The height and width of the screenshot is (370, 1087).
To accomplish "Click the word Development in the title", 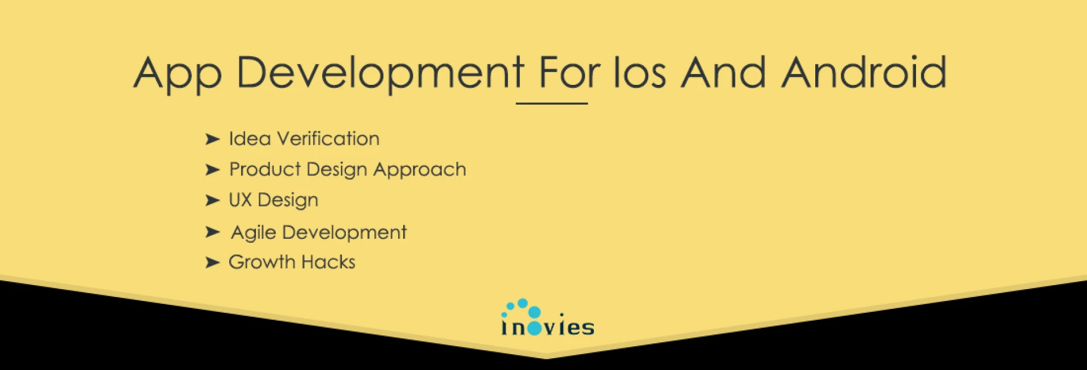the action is pos(380,74).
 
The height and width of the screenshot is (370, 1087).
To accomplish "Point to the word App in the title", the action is pos(178,74).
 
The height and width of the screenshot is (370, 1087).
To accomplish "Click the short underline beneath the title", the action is pos(551,104).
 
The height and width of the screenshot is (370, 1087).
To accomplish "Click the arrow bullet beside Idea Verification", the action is pos(212,139).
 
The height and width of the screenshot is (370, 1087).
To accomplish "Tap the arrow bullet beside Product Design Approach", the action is pos(212,169).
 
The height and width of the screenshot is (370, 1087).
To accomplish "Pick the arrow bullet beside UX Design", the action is pos(212,200).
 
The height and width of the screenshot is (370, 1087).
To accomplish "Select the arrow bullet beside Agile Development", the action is pos(212,231).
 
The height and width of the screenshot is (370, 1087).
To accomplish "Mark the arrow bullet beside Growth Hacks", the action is pos(212,263).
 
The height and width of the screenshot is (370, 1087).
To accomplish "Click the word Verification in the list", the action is pos(328,139).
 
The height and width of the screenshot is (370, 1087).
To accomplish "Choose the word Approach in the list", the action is pos(420,170).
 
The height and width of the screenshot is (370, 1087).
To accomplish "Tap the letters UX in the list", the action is pos(240,200).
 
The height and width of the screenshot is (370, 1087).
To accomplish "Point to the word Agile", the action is pos(254,233).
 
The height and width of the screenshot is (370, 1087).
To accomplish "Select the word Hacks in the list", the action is pos(328,262).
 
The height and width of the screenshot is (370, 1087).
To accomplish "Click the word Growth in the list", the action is pos(262,262).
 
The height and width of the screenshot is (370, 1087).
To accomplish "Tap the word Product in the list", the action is pos(265,169).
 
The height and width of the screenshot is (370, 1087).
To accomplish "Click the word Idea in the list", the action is pos(250,139).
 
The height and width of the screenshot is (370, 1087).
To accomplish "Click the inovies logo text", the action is pos(547,328).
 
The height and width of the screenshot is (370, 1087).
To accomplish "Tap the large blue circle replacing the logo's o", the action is pos(534,329).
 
